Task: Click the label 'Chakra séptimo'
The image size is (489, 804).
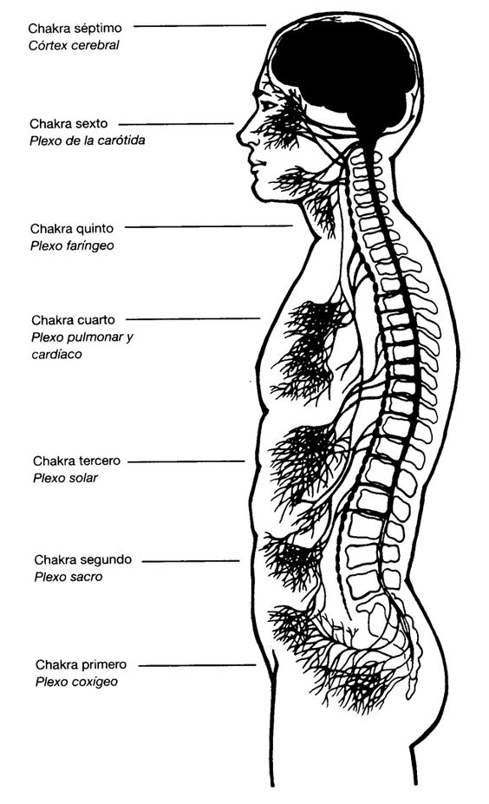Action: (x=75, y=28)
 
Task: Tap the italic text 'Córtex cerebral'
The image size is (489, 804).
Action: (x=74, y=45)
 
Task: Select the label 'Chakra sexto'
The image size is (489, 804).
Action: (x=68, y=123)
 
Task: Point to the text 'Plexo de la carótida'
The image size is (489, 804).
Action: (x=88, y=141)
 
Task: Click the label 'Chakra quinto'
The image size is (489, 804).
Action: (x=72, y=229)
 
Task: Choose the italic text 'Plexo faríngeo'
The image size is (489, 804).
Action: (x=72, y=245)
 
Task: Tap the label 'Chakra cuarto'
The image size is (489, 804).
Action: (x=74, y=320)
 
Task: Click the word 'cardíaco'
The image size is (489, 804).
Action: (x=56, y=355)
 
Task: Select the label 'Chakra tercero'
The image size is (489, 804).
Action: (x=77, y=461)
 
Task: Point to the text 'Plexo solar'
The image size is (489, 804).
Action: (x=65, y=478)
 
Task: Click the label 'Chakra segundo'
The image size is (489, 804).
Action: (x=83, y=560)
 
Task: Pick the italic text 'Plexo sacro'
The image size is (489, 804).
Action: (x=68, y=577)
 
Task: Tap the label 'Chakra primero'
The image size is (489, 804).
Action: (x=81, y=665)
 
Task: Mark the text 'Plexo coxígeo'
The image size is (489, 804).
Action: (x=76, y=682)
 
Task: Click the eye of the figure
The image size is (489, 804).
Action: (x=267, y=106)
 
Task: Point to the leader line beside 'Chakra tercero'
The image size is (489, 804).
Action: (x=186, y=461)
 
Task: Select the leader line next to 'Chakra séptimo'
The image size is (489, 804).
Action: (x=199, y=25)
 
